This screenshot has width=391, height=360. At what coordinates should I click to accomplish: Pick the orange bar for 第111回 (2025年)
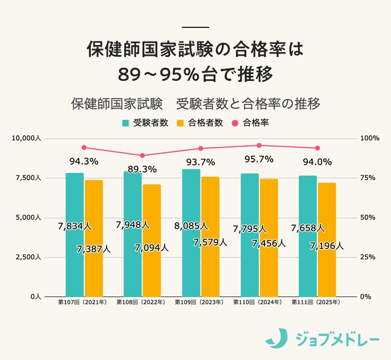point(327,239)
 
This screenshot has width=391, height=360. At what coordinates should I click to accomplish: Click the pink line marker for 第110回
point(259,145)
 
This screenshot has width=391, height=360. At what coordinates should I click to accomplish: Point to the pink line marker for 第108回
point(142,156)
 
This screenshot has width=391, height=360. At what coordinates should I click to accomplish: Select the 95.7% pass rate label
point(259,159)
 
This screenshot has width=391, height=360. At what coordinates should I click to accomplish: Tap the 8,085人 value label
point(191,226)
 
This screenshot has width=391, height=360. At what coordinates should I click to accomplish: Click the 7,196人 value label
point(327,246)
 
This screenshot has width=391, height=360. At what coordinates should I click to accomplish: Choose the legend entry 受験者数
point(145,122)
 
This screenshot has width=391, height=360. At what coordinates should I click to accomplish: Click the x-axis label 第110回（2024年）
point(258,302)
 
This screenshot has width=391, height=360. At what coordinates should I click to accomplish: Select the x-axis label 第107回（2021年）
point(83,302)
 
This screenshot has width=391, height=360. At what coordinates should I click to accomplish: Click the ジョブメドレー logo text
point(337,338)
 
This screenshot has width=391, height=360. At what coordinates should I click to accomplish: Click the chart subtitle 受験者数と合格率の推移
point(248,104)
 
